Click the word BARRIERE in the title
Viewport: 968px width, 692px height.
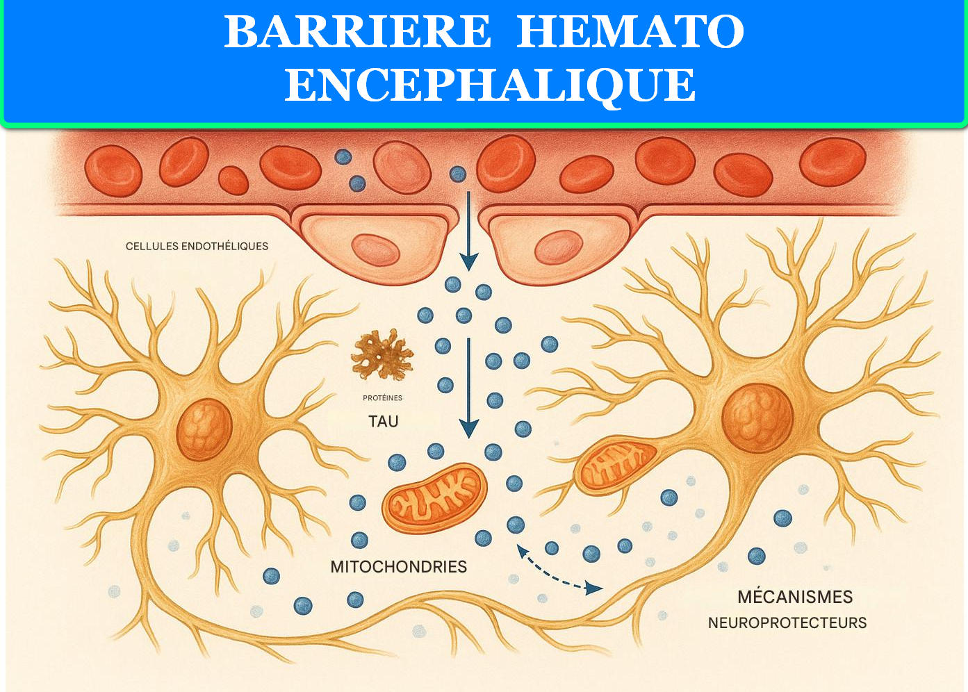point(357,32)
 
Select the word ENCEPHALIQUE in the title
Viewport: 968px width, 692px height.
point(490,85)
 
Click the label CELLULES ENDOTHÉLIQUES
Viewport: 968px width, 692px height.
point(197,246)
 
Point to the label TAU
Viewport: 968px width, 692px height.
point(383,421)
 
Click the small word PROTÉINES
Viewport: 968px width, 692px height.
point(382,398)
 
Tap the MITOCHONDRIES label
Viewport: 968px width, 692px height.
point(398,567)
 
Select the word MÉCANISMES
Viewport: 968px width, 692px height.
point(795,597)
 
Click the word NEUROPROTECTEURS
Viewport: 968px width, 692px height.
point(787,623)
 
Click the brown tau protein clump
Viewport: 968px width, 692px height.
point(382,355)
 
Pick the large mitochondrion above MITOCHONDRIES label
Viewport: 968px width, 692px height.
point(434,498)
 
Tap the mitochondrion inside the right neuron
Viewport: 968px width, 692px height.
point(615,466)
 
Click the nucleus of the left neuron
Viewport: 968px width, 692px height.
point(204,429)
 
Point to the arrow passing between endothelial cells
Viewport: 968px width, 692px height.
point(469,231)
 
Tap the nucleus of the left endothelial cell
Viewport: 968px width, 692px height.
point(375,249)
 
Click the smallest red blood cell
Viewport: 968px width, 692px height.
point(233,181)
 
